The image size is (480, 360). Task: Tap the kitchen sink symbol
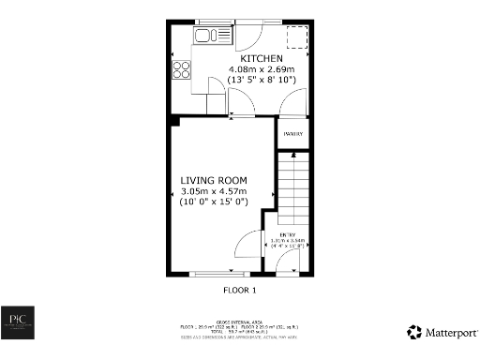click(213, 37)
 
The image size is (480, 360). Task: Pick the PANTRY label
click(293, 134)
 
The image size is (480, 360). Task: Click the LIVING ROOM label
click(213, 180)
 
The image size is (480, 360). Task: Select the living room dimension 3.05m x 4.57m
click(213, 191)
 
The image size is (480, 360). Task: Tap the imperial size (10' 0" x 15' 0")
click(213, 202)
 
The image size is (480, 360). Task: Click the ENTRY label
click(292, 233)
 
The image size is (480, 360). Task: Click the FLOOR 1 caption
click(240, 291)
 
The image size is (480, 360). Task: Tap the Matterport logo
click(440, 332)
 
